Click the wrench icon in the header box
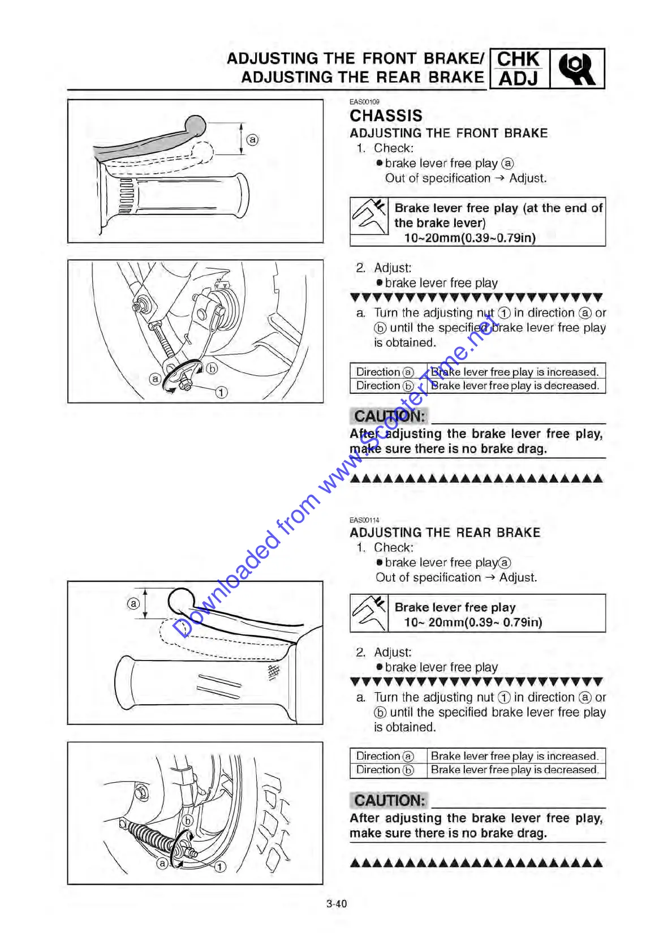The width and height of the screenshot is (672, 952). pyautogui.click(x=576, y=69)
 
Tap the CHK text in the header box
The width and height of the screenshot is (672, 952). pyautogui.click(x=518, y=59)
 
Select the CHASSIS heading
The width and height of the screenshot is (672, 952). pyautogui.click(x=386, y=116)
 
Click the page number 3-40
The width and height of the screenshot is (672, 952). pyautogui.click(x=336, y=904)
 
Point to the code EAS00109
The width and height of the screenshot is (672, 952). pyautogui.click(x=364, y=102)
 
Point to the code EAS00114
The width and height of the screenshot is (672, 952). pyautogui.click(x=364, y=520)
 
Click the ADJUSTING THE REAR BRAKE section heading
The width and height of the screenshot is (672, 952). pyautogui.click(x=445, y=533)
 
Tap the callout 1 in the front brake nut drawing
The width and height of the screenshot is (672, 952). pyautogui.click(x=221, y=392)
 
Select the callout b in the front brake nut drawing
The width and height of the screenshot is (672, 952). pyautogui.click(x=212, y=368)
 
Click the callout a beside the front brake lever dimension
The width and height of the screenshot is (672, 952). pyautogui.click(x=252, y=139)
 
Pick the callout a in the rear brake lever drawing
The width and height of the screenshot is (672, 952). pyautogui.click(x=133, y=603)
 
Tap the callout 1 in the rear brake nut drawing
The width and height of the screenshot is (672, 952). pyautogui.click(x=219, y=866)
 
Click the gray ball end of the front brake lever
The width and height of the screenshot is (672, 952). pyautogui.click(x=195, y=126)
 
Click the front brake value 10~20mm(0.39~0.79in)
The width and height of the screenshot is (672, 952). pyautogui.click(x=469, y=238)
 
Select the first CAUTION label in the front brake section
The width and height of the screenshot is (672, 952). pyautogui.click(x=389, y=416)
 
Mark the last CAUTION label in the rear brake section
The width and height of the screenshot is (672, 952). pyautogui.click(x=389, y=800)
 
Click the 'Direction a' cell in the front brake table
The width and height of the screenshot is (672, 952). pyautogui.click(x=385, y=372)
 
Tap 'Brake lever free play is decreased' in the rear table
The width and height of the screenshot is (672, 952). pyautogui.click(x=514, y=770)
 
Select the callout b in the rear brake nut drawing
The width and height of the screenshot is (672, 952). pyautogui.click(x=188, y=820)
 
